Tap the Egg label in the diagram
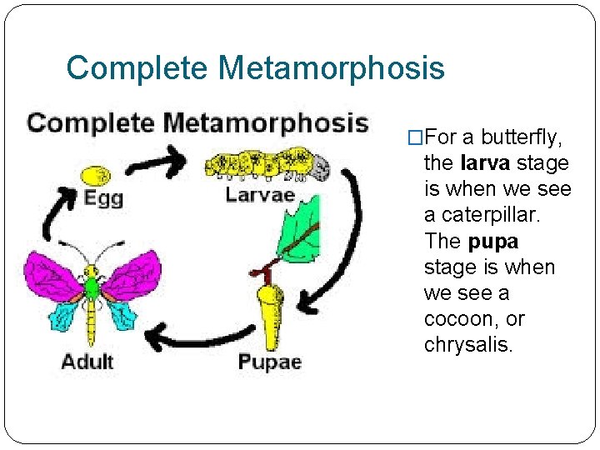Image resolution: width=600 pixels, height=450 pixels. coord(103,198)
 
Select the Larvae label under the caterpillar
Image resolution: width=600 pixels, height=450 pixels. coord(260,195)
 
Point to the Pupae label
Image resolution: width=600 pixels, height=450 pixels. coord(269,362)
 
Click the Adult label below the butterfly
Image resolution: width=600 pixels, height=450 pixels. coord(87,362)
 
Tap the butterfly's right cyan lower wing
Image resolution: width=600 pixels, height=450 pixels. coord(122,314)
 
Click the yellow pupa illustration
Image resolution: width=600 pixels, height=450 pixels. coord(268,317)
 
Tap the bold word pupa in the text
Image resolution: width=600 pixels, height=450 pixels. coord(493,242)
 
